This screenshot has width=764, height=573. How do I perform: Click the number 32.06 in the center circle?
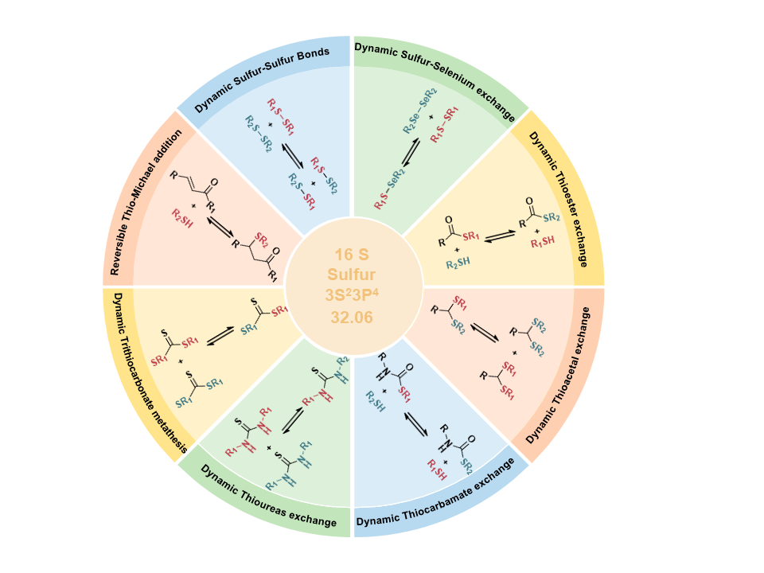tap(351, 318)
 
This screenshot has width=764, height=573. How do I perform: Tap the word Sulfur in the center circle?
tap(351, 275)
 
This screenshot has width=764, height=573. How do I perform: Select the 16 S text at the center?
tap(351, 255)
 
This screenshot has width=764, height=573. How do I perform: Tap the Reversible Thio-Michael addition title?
tap(145, 201)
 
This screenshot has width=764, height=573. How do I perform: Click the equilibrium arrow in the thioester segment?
tap(501, 236)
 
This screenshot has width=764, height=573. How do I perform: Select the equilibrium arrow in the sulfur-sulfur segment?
tap(293, 155)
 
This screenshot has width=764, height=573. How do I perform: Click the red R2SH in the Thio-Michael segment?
tap(182, 218)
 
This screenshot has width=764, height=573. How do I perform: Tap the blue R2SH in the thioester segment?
tap(458, 263)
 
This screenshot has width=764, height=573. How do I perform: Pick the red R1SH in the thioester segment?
tap(543, 241)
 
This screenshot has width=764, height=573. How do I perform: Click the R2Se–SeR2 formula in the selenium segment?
tap(420, 111)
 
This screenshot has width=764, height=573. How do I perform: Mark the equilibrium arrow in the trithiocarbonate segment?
tap(220, 336)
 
